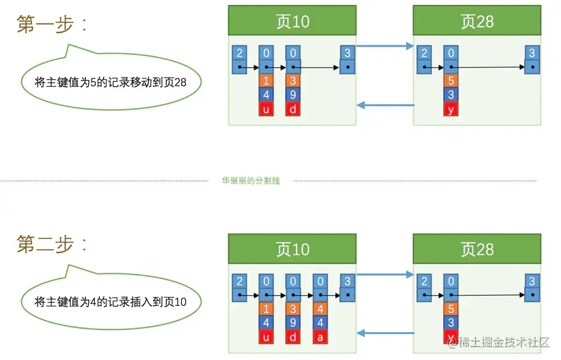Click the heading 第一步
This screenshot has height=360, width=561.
[52, 24]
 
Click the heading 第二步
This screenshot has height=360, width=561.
[52, 244]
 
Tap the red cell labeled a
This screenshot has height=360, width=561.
[320, 337]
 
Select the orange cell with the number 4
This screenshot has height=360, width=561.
[320, 309]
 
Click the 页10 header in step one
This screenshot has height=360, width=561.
[293, 20]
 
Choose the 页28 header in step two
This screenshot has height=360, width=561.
[477, 249]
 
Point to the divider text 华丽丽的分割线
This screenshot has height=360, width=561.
[251, 180]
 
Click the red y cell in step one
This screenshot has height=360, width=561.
[451, 109]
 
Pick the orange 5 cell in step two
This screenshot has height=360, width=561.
[451, 309]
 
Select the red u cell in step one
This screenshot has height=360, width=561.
[266, 109]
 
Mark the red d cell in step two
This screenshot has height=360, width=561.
[293, 337]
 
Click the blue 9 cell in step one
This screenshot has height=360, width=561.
[293, 95]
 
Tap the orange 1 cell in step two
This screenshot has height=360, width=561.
[266, 309]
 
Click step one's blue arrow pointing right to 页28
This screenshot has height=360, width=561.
[385, 46]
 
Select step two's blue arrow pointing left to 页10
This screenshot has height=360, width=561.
[386, 333]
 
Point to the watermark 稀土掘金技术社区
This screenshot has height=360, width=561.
[499, 342]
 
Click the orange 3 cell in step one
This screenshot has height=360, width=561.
[293, 81]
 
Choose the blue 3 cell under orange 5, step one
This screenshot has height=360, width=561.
[451, 95]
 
